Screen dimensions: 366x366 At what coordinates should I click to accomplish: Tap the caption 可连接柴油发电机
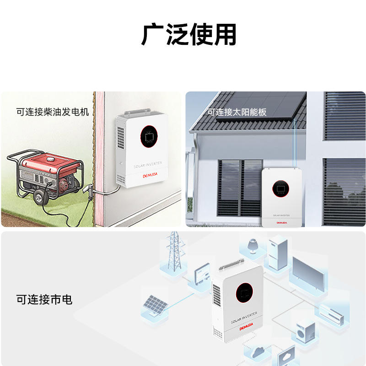(x=53, y=112)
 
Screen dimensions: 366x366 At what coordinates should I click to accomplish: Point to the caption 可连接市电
(x=44, y=300)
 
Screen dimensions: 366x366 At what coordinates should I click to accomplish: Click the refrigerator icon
(x=277, y=253)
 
